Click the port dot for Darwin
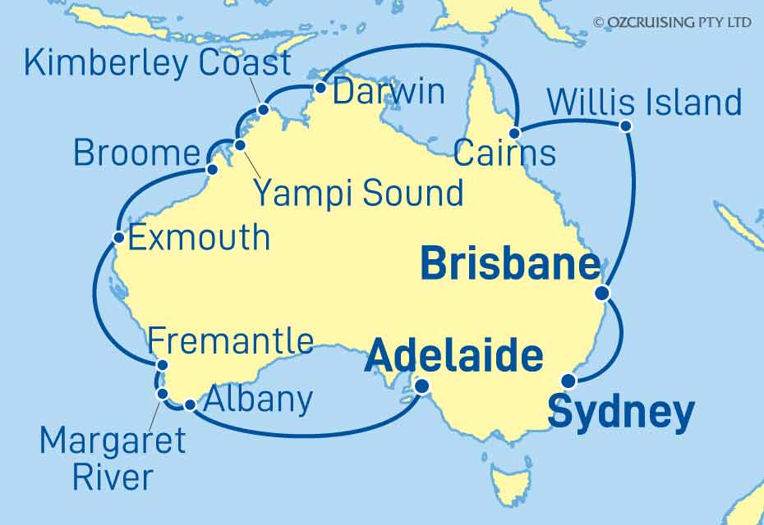pyautogui.click(x=320, y=88)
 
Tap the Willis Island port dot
pyautogui.click(x=625, y=126)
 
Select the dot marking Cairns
pyautogui.click(x=514, y=133)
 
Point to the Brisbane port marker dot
pyautogui.click(x=602, y=293)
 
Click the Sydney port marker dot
pyautogui.click(x=568, y=380)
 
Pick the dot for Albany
pyautogui.click(x=190, y=404)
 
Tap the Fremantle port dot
pyautogui.click(x=163, y=366)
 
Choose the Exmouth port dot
pyautogui.click(x=119, y=239)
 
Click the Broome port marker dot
pyautogui.click(x=213, y=170)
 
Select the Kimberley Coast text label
pyautogui.click(x=158, y=63)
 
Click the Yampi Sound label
pyautogui.click(x=357, y=194)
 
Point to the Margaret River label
pyautogui.click(x=113, y=459)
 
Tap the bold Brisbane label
pyautogui.click(x=509, y=265)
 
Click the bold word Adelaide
pyautogui.click(x=454, y=357)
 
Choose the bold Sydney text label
pyautogui.click(x=620, y=412)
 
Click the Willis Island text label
pyautogui.click(x=644, y=103)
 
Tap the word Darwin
pyautogui.click(x=389, y=92)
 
